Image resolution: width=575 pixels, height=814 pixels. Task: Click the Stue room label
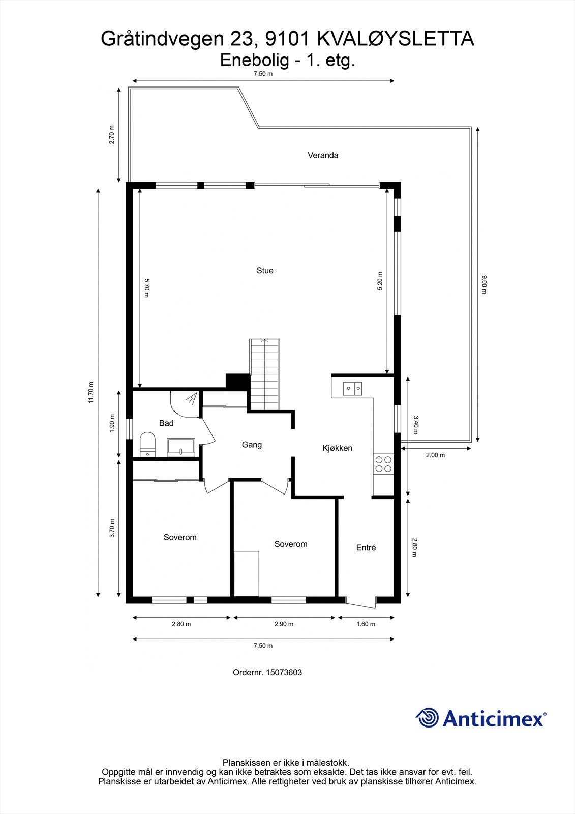265,271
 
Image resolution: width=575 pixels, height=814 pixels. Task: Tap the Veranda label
323,155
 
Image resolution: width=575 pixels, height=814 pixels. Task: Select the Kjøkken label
337,448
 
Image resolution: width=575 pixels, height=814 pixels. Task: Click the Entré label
366,548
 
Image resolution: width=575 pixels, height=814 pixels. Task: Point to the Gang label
252,445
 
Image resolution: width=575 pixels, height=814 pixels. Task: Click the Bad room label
166,423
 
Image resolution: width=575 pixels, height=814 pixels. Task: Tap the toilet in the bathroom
147,445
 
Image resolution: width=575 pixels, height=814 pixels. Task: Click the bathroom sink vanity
181,447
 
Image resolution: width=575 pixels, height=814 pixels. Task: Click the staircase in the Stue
264,374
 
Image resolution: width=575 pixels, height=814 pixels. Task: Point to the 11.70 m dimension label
91,392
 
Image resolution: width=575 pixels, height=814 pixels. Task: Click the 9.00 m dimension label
484,285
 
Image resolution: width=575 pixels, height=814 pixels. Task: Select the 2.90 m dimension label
283,624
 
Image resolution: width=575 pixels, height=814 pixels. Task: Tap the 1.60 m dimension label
366,624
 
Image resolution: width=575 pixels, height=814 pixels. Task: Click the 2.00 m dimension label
435,455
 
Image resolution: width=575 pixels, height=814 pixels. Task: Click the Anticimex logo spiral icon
427,718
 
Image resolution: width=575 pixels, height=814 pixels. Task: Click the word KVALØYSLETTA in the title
396,39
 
